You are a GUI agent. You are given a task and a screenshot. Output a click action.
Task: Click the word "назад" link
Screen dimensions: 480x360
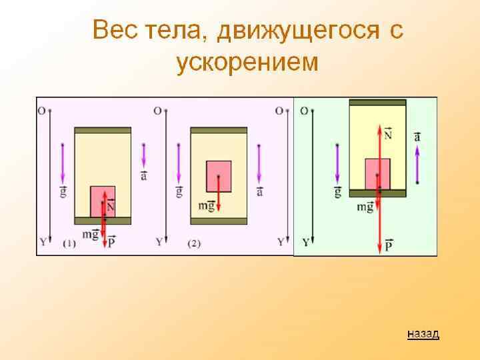coord(423,334)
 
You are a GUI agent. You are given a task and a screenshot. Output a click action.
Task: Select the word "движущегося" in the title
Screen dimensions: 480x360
coord(296,30)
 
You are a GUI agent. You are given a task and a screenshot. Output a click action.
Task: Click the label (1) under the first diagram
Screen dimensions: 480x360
coord(69,244)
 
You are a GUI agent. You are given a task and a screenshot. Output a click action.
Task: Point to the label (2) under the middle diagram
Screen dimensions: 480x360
coord(194,244)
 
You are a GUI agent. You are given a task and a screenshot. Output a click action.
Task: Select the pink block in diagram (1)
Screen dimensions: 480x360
coord(103,201)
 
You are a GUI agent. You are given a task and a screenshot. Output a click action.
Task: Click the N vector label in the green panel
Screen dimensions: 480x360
coord(388,134)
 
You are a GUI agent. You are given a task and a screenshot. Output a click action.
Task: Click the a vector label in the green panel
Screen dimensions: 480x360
coord(417,136)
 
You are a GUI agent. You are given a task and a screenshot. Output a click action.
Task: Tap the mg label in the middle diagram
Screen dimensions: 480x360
coord(206,205)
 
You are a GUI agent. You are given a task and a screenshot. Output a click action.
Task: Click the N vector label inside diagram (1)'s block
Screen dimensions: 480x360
coord(110,207)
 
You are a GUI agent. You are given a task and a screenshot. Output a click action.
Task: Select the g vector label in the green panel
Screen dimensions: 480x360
coord(337,192)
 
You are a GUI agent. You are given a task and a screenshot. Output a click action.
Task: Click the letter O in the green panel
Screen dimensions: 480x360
coord(304,111)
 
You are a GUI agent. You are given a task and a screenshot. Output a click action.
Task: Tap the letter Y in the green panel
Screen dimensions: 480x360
coord(305,242)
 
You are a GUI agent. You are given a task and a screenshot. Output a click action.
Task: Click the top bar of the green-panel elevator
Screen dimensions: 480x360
coord(377,103)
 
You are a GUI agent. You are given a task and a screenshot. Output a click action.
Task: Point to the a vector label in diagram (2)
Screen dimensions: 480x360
coord(259,191)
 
